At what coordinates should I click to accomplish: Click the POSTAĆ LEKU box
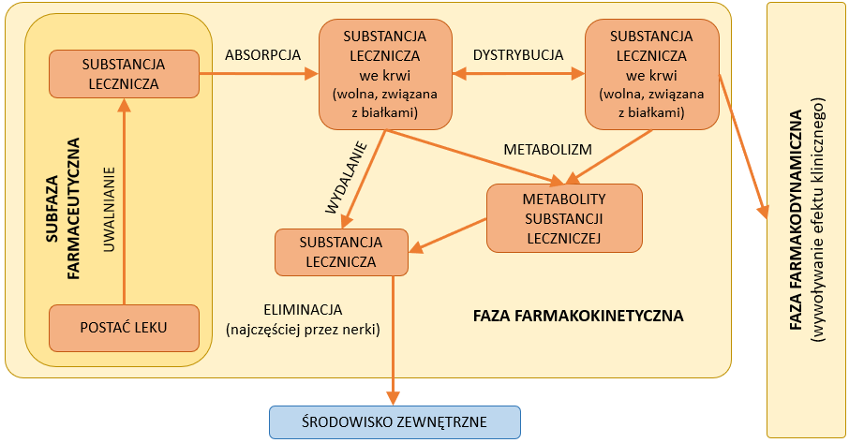click(x=125, y=328)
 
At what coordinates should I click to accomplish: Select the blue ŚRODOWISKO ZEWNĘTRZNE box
click(x=395, y=421)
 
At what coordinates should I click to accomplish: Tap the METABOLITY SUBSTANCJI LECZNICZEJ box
click(x=564, y=217)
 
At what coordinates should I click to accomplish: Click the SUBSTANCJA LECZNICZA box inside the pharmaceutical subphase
click(x=125, y=74)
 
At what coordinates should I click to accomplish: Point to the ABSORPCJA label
click(x=263, y=55)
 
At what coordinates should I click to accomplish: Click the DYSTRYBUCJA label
click(x=518, y=55)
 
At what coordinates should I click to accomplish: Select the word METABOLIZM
click(x=548, y=150)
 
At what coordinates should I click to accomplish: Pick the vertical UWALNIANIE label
click(x=110, y=212)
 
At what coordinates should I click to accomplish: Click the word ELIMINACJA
click(x=304, y=309)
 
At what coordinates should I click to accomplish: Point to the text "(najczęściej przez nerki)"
click(x=304, y=329)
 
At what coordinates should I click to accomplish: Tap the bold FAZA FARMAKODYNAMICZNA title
click(x=795, y=221)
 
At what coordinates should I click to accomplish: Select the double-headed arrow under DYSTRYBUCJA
click(x=518, y=77)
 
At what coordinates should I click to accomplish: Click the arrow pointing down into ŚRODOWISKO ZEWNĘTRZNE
click(x=395, y=337)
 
